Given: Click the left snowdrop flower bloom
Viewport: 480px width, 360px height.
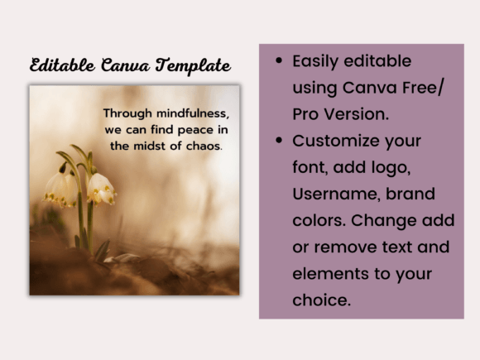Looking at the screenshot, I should tap(60, 189).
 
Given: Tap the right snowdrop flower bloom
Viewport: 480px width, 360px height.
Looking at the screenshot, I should tap(101, 189).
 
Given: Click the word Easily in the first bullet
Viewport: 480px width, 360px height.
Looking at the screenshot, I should tap(318, 61).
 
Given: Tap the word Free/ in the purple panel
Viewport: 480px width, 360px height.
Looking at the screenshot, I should tap(427, 88).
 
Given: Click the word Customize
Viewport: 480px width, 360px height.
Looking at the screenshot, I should tap(335, 141).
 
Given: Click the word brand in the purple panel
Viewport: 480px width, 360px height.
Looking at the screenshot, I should tap(414, 194).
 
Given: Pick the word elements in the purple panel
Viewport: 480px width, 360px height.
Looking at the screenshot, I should tap(326, 273).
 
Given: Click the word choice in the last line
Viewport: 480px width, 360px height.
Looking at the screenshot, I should tap(320, 300).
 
